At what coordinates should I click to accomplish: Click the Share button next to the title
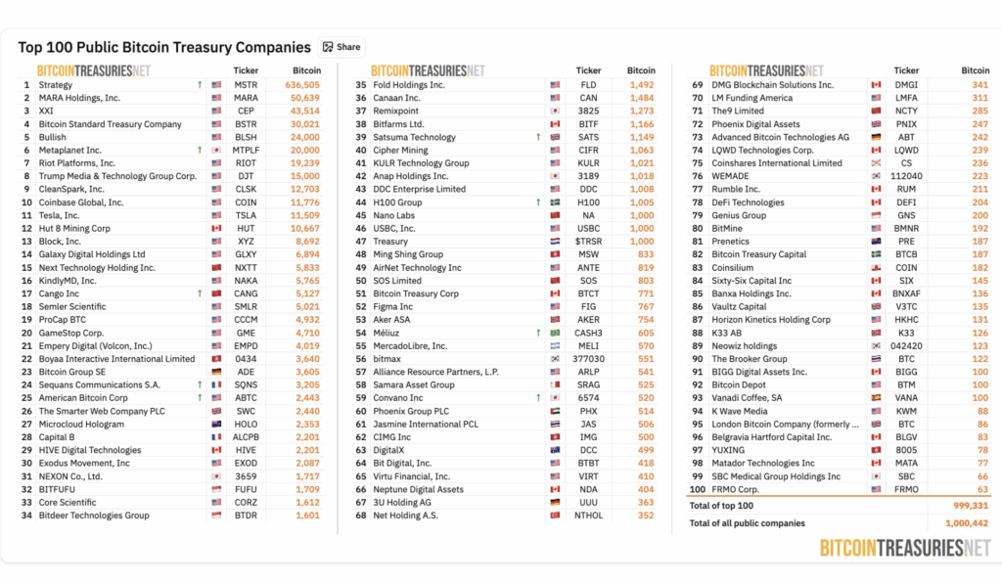341,47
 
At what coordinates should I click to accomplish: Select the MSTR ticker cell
246,85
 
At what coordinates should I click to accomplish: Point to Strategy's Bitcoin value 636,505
302,85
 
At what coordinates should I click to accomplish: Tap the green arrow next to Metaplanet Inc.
200,151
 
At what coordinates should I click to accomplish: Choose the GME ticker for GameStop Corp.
246,333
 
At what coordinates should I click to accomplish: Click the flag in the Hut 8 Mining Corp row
216,229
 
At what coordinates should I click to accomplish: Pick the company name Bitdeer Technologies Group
94,516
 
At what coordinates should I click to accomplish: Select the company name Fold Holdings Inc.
409,85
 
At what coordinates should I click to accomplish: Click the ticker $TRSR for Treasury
588,242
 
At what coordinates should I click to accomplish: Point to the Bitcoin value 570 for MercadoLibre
646,346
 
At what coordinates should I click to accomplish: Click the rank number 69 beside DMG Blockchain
698,85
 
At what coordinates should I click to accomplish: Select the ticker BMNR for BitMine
907,229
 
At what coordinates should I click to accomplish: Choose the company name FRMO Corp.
735,489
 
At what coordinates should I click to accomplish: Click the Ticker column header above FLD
588,70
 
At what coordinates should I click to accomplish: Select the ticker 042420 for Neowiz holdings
907,346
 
